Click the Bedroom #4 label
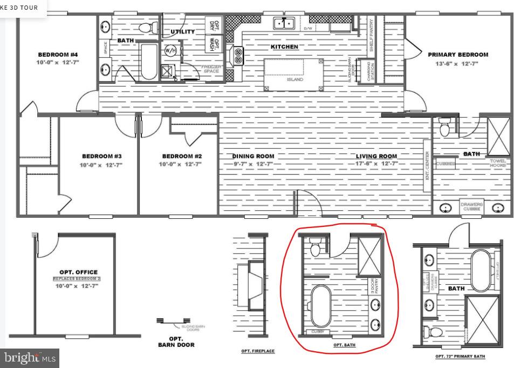point(58,55)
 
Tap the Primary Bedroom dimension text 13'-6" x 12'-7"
point(457,63)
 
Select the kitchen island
point(294,75)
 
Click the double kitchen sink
point(283,23)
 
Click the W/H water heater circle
point(170,51)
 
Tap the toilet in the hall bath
point(145,27)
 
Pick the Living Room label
point(376,156)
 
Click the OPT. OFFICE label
point(79,272)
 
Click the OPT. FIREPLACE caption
point(258,351)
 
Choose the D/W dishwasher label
point(308,28)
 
